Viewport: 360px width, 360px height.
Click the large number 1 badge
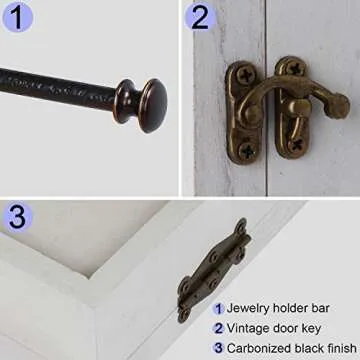(x=17, y=16)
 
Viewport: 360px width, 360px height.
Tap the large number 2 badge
(x=199, y=16)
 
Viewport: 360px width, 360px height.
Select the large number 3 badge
(x=17, y=217)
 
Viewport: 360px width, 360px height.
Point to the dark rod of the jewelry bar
(x=58, y=88)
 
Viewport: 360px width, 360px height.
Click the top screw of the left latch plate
(x=246, y=76)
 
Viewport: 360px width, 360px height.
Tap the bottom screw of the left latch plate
(x=247, y=152)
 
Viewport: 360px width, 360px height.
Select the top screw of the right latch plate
(x=295, y=69)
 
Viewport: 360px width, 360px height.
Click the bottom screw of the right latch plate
(x=296, y=145)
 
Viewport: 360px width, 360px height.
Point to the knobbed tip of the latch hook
(x=339, y=106)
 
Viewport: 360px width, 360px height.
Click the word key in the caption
(x=311, y=329)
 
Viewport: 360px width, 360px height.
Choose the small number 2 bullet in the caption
(x=218, y=329)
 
